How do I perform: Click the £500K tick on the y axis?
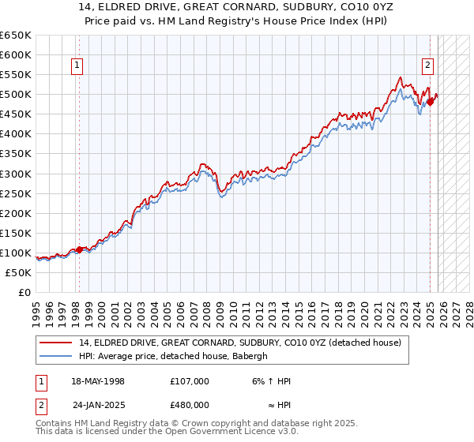(x=17, y=95)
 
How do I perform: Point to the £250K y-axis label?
(x=17, y=193)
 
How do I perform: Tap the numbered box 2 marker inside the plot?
(x=427, y=66)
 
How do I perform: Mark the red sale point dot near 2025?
(x=431, y=102)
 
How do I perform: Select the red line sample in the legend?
(x=57, y=343)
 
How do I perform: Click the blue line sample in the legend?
(x=57, y=356)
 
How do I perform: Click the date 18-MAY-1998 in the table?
(x=98, y=381)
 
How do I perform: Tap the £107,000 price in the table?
(x=190, y=381)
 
